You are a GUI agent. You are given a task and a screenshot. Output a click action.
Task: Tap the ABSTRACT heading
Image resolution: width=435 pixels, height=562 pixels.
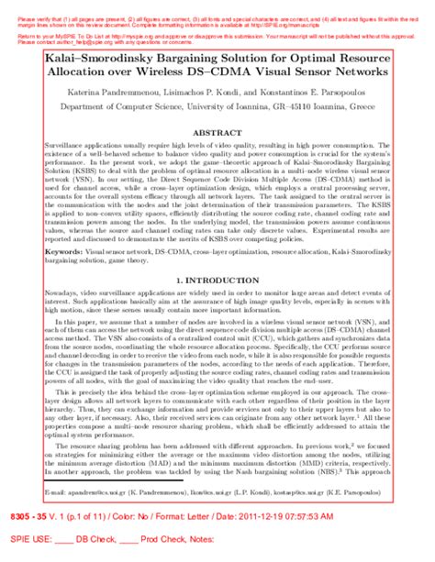coord(218,136)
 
